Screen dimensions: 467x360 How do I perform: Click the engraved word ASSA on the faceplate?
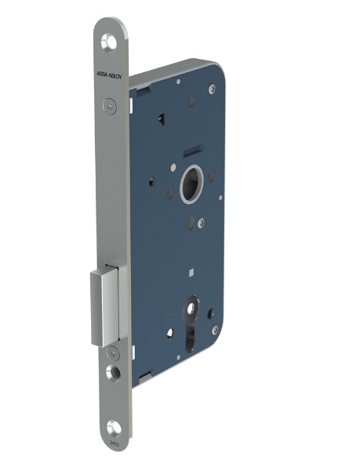click(101, 75)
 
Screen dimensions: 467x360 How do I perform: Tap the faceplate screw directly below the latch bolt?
click(112, 352)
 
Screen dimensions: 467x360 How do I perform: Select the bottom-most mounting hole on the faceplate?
click(114, 427)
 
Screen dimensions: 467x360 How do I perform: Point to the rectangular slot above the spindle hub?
click(192, 150)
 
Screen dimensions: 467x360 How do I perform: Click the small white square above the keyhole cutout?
click(191, 272)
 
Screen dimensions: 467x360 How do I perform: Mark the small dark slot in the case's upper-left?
click(161, 119)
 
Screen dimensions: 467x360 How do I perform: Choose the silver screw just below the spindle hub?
click(202, 222)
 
